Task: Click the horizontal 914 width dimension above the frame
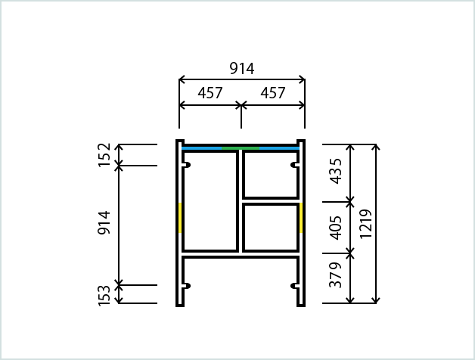[x=242, y=69]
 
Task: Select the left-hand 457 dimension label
[x=210, y=93]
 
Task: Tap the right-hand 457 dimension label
[x=273, y=93]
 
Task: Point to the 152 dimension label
[x=104, y=155]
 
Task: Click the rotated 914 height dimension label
[x=104, y=222]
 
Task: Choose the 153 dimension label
[x=104, y=296]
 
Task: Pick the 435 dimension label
[x=336, y=171]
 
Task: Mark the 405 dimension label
[x=336, y=228]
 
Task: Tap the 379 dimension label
[x=336, y=275]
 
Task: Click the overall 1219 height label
[x=365, y=224]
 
